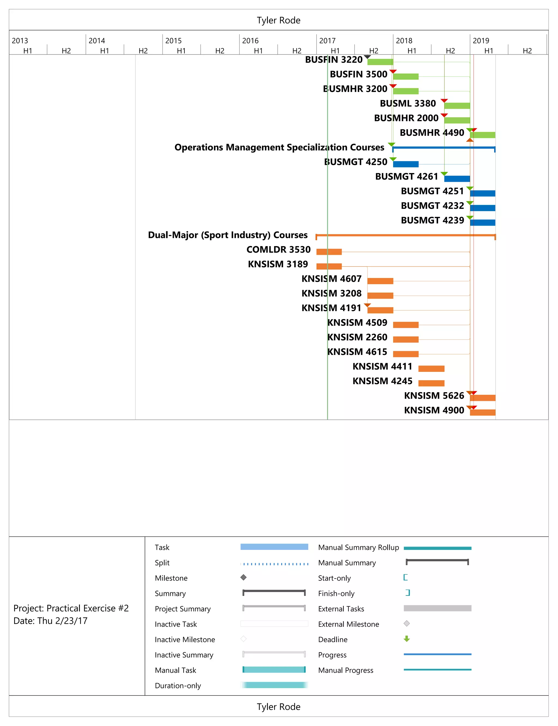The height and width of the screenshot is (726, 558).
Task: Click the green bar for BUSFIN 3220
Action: tap(380, 62)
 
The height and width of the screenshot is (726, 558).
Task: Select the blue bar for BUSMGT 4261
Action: tap(457, 179)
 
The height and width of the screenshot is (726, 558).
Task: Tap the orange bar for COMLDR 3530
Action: tap(329, 252)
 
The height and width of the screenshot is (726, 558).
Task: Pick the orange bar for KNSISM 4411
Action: tap(431, 369)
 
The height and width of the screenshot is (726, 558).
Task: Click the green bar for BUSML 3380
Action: tap(457, 106)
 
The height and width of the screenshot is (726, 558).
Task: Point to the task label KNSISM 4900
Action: tap(434, 410)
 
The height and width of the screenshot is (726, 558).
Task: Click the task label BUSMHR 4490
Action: tap(432, 133)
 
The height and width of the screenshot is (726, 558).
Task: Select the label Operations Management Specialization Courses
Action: tap(279, 147)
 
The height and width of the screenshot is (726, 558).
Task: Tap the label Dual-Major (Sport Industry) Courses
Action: tap(228, 235)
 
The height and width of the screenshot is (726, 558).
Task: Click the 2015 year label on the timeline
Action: tap(173, 41)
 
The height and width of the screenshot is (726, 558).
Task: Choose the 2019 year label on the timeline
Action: tap(481, 41)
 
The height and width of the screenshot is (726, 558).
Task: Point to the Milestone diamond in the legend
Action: tap(244, 577)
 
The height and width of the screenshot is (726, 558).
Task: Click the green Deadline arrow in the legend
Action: tap(407, 639)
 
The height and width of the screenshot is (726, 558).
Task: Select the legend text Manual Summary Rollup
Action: tap(358, 547)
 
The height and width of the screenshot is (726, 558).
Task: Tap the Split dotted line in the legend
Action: tap(274, 563)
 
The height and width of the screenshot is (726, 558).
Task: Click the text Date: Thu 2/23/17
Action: tap(50, 621)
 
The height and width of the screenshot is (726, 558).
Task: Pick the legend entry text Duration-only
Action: tap(178, 685)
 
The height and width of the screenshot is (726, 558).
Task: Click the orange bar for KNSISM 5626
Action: tap(483, 398)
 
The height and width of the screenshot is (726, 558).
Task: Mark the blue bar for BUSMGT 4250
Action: tap(405, 164)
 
